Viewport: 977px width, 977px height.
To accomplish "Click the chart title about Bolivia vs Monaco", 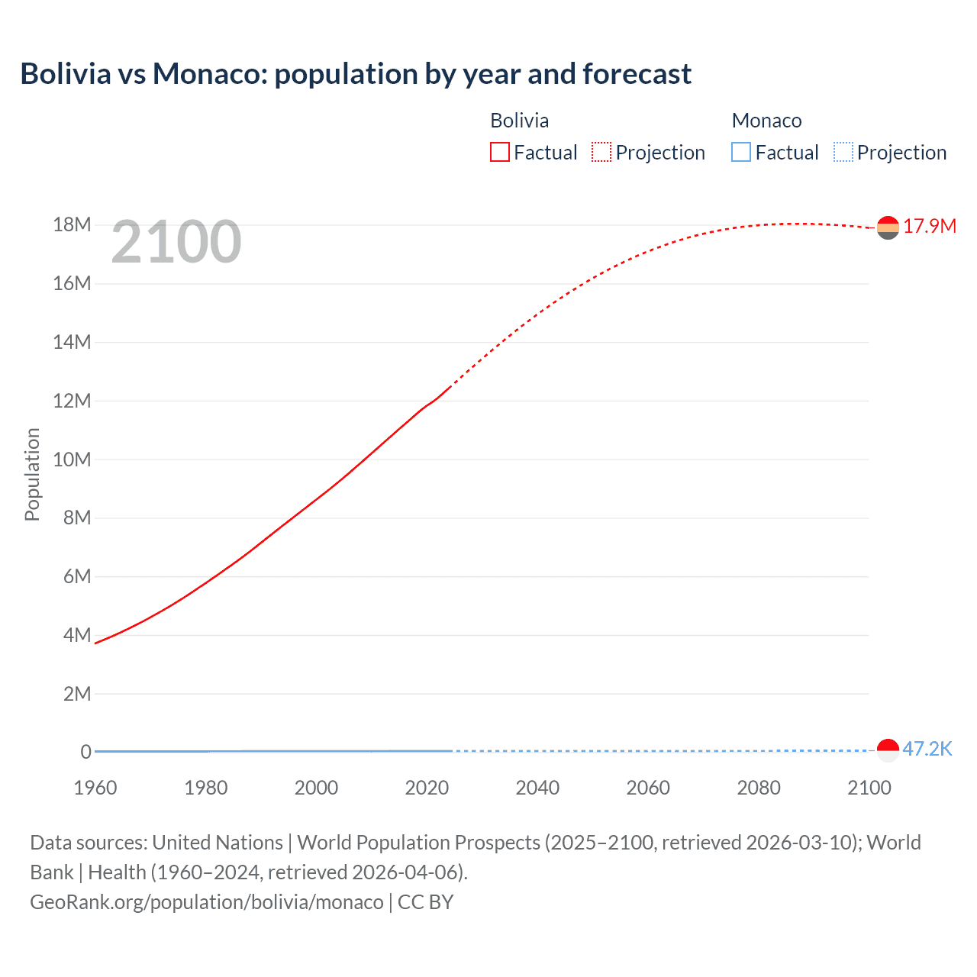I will click(356, 74).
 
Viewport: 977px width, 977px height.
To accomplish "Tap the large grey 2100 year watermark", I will click(176, 242).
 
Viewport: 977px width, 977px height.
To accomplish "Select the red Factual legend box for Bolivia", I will click(500, 152).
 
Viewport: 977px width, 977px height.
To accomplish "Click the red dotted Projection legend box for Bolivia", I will click(601, 152).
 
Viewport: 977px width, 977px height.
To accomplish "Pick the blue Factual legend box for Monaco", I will click(741, 152).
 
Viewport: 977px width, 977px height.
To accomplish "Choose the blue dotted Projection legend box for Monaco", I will click(843, 152).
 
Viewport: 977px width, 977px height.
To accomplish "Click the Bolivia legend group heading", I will click(519, 121).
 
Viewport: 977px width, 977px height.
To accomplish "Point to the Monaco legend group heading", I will click(766, 121).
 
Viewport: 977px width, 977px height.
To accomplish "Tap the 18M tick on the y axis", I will click(72, 225).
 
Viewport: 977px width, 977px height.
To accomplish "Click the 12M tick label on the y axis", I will click(72, 401).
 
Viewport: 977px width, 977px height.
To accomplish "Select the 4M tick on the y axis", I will click(77, 635).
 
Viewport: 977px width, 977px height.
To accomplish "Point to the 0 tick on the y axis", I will click(85, 752).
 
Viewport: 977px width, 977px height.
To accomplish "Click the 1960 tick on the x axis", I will click(95, 788).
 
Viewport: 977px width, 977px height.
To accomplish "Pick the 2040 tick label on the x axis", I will click(537, 788).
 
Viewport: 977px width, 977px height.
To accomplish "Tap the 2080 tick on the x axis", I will click(759, 788).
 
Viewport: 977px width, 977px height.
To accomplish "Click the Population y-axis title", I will click(32, 474).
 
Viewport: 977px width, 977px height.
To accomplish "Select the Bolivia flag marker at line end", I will click(888, 227).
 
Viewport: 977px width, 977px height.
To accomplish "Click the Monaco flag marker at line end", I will click(888, 750).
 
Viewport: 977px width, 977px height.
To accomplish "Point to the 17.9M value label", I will click(930, 226).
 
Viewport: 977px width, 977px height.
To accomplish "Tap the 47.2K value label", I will click(927, 749).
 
